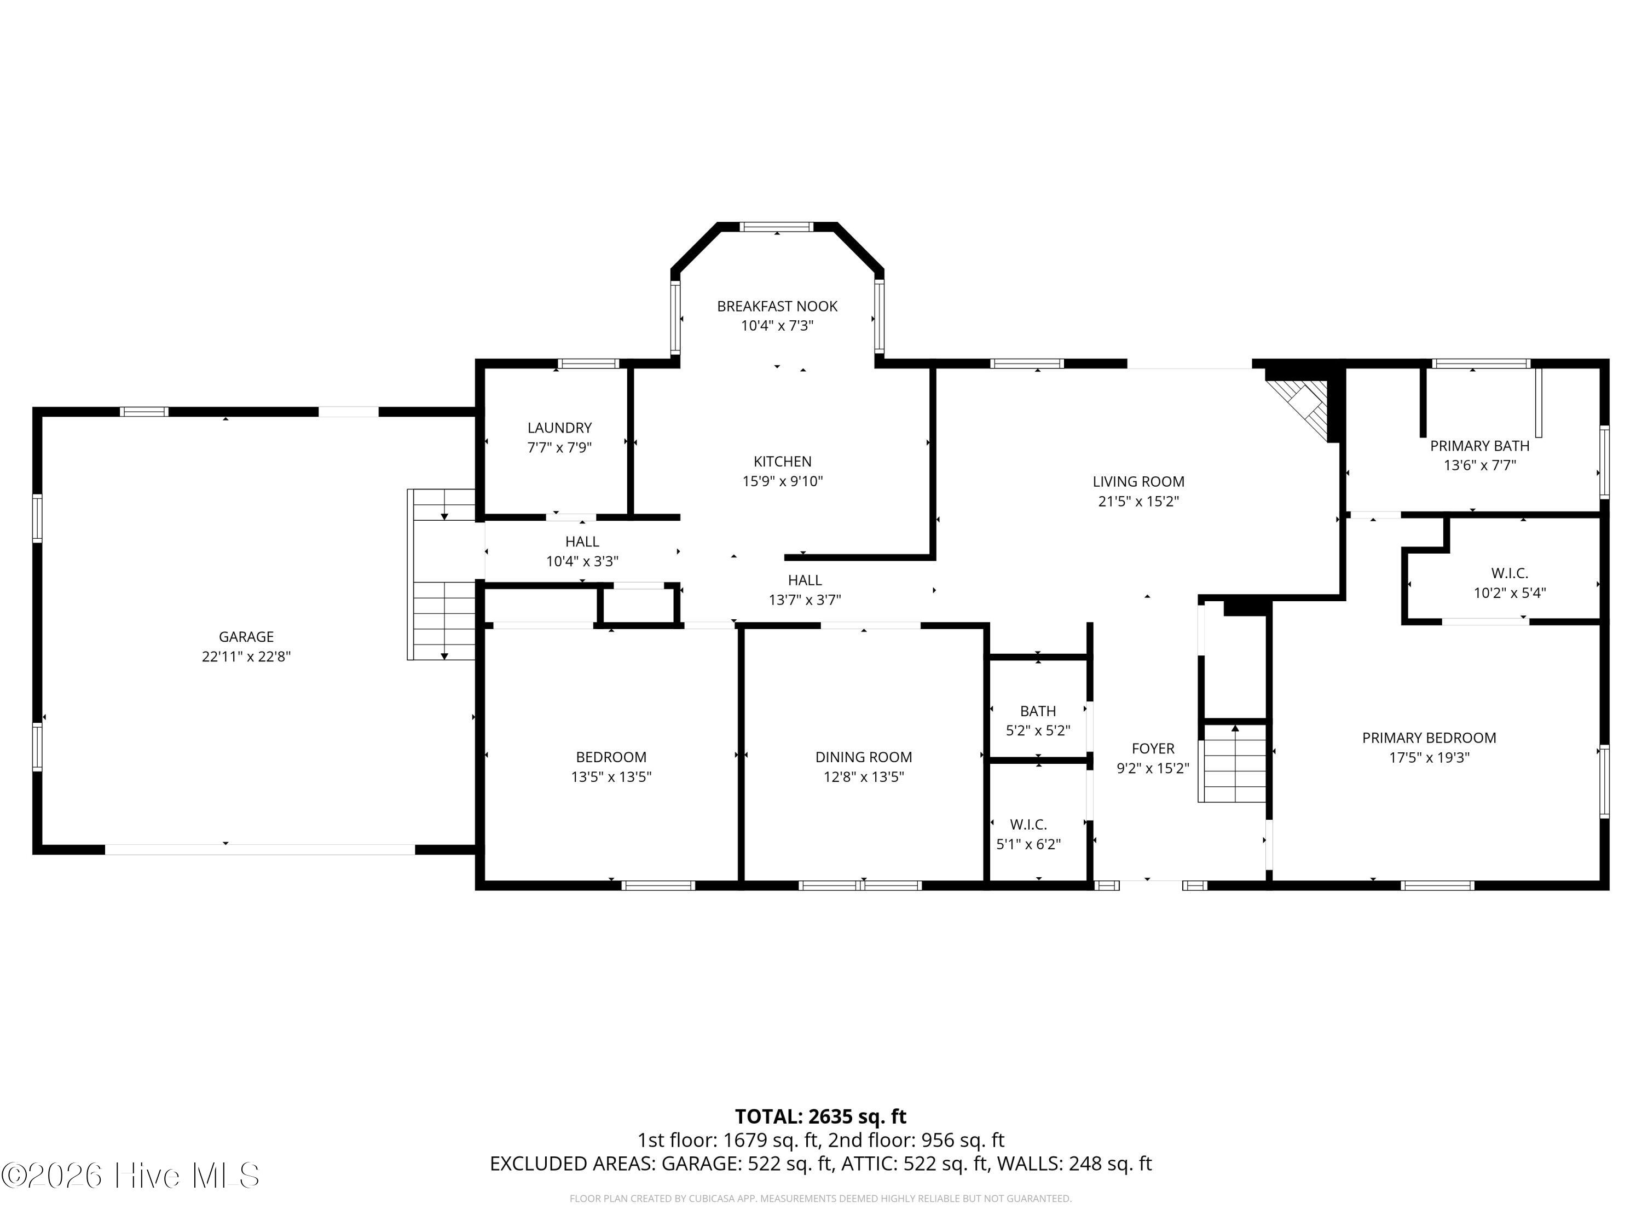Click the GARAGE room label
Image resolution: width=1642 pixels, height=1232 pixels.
coord(246,636)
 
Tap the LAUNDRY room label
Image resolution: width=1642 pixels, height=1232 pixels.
coord(560,428)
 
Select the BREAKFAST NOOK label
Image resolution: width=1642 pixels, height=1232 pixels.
coord(777,306)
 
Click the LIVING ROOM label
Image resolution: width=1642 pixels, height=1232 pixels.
coord(1138,481)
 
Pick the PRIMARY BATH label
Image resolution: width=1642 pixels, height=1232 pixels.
coord(1479,446)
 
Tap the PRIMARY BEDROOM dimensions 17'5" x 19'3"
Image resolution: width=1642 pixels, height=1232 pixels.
coord(1429,757)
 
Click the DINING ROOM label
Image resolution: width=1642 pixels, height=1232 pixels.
coord(863,757)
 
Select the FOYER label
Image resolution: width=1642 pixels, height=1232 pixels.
coord(1153,749)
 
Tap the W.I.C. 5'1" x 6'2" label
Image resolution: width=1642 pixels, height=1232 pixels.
coord(1028,834)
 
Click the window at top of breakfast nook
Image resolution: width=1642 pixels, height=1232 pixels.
coord(777,227)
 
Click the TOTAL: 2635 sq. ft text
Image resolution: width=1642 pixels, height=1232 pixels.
coord(820,1116)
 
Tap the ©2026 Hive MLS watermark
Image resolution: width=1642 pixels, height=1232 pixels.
coord(131,1175)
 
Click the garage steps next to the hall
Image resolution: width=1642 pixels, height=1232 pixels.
coord(442,574)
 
